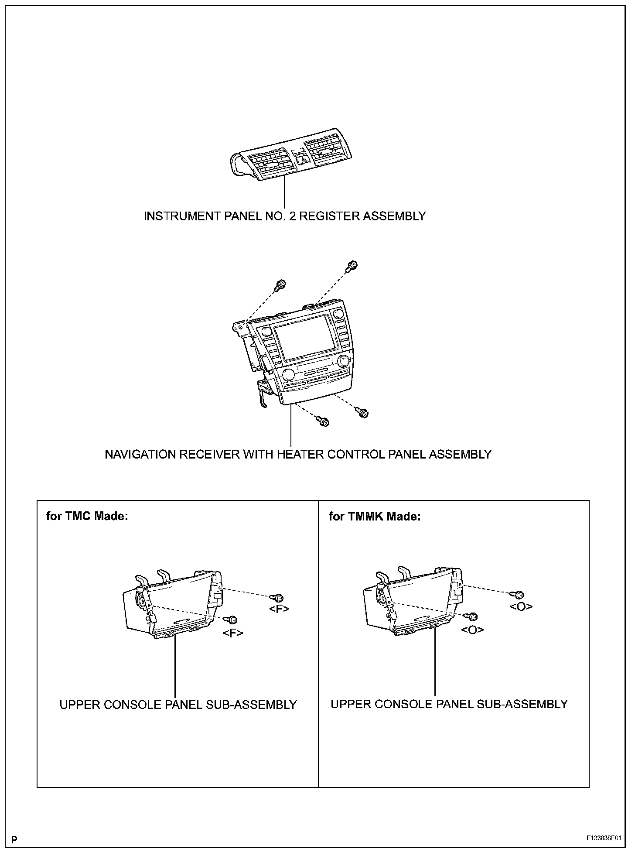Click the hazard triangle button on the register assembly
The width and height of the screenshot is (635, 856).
[x=304, y=160]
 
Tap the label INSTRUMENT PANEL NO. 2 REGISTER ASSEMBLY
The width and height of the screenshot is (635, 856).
[x=285, y=216]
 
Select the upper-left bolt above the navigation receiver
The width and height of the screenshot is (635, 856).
[x=280, y=285]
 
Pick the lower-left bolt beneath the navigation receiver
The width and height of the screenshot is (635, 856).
[x=324, y=421]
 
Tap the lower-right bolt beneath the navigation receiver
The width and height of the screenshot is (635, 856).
[x=363, y=412]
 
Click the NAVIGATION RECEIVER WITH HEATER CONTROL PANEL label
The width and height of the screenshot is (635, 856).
[x=298, y=454]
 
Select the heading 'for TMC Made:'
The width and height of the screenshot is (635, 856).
[x=87, y=516]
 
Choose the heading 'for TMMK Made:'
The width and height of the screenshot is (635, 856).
[x=374, y=516]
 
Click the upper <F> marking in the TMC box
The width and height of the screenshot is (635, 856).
[x=279, y=609]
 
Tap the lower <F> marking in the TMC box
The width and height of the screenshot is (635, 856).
[x=233, y=633]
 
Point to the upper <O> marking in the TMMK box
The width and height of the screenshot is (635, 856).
[x=521, y=606]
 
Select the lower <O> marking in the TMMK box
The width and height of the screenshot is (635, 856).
[x=472, y=630]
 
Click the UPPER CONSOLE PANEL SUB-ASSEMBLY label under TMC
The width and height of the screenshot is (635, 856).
[x=178, y=705]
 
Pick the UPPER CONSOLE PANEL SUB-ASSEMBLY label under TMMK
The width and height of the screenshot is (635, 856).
[x=449, y=704]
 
